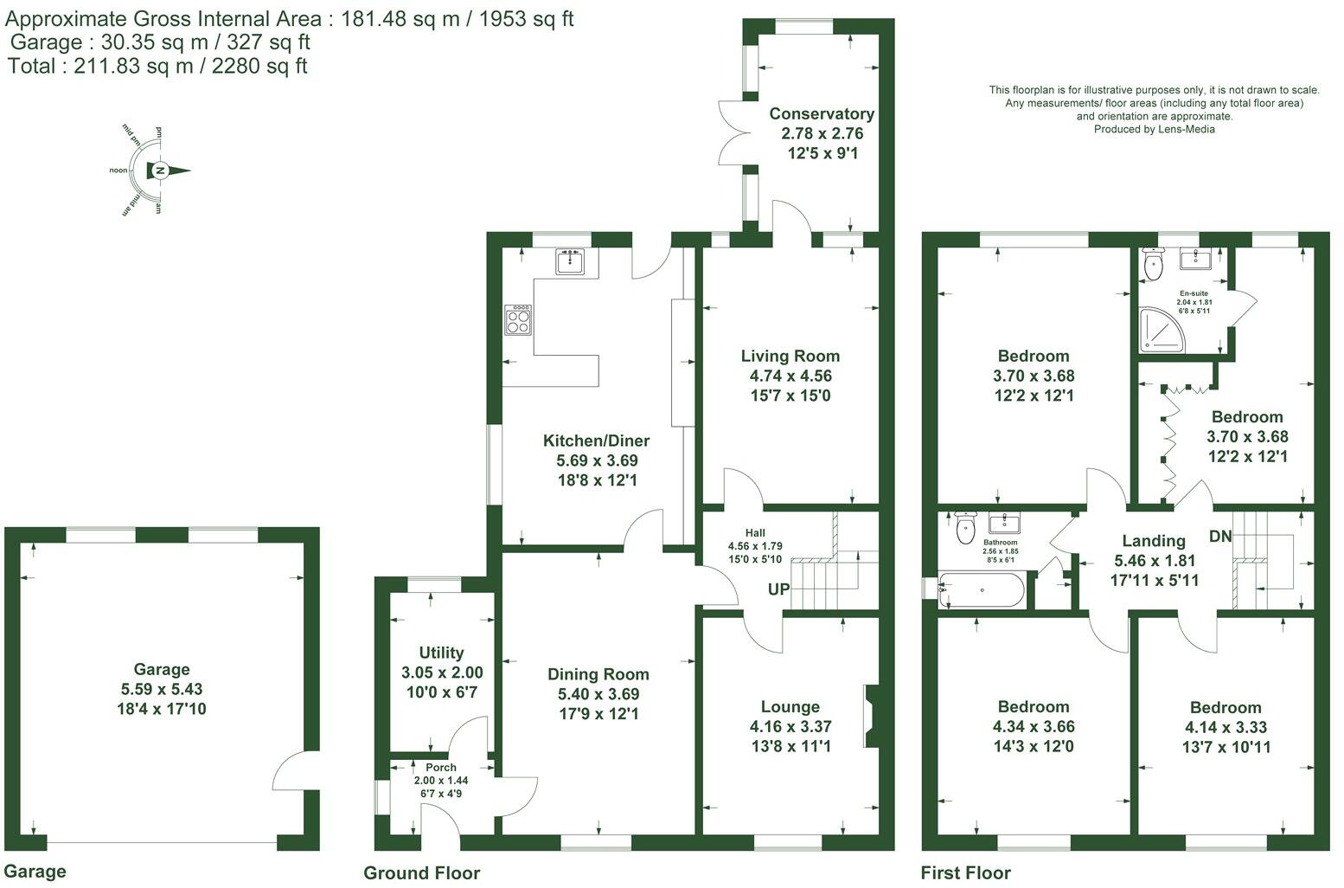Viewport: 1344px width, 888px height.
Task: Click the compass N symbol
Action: click(x=159, y=171)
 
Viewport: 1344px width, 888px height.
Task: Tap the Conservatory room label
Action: click(x=822, y=114)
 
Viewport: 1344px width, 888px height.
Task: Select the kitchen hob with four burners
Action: click(x=519, y=320)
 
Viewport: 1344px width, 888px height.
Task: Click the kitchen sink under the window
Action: click(x=571, y=261)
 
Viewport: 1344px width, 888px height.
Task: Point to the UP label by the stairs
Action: click(x=778, y=589)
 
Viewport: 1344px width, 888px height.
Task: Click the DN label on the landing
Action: click(x=1220, y=537)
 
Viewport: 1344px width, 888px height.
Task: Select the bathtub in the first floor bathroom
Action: click(x=982, y=591)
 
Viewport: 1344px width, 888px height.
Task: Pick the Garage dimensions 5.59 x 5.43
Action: click(x=162, y=690)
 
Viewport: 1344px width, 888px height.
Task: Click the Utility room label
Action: click(x=441, y=653)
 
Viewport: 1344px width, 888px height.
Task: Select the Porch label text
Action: click(x=441, y=767)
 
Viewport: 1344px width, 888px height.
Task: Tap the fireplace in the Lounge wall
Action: click(x=870, y=716)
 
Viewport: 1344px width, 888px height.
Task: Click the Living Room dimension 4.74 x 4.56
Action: click(x=790, y=376)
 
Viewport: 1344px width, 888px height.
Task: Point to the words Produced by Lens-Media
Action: click(x=1154, y=130)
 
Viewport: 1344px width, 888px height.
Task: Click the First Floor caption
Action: click(x=965, y=872)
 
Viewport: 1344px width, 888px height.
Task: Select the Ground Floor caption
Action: click(x=421, y=872)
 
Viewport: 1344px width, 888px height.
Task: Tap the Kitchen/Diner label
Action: click(x=596, y=441)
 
